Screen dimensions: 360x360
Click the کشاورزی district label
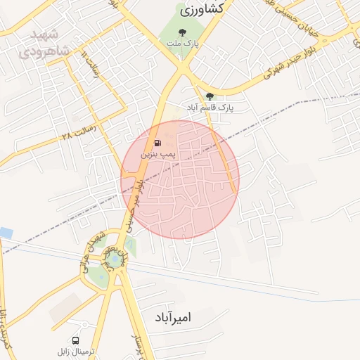pyautogui.click(x=202, y=9)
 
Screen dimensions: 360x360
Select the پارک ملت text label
pyautogui.click(x=183, y=44)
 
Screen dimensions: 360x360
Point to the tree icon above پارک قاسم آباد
pyautogui.click(x=210, y=96)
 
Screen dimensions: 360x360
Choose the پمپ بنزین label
pyautogui.click(x=157, y=152)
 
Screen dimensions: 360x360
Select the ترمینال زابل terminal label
pyautogui.click(x=77, y=350)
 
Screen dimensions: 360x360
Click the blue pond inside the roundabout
pyautogui.click(x=113, y=263)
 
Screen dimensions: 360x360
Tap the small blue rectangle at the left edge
pyautogui.click(x=6, y=232)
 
